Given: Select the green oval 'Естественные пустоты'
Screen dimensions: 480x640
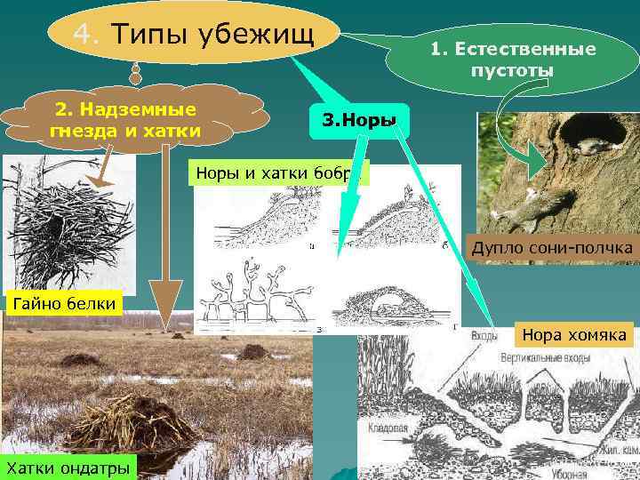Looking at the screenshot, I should (x=513, y=60).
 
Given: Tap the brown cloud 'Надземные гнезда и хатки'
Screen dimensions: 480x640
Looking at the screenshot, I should (x=126, y=121).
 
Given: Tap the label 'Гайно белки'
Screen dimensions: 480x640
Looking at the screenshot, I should (x=61, y=304).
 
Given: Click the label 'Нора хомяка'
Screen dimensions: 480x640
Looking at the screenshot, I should (x=573, y=336).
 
